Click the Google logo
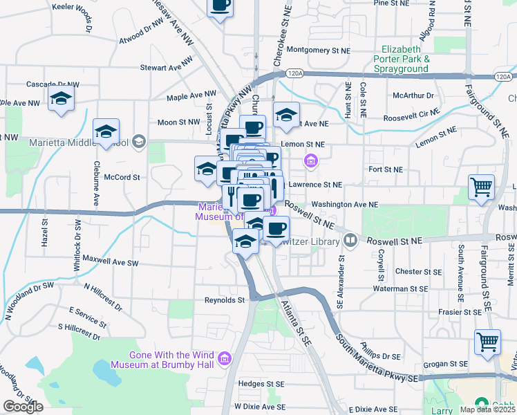point(23,407)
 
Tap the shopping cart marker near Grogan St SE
point(487,342)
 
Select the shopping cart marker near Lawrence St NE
point(481,186)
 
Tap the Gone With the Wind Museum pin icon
point(223,358)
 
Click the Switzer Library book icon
point(350,241)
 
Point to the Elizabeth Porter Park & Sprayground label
point(402,59)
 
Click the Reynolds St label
point(225,300)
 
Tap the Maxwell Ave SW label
point(111,263)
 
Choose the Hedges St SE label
point(261,383)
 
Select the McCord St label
point(122,177)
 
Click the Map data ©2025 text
point(487,409)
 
